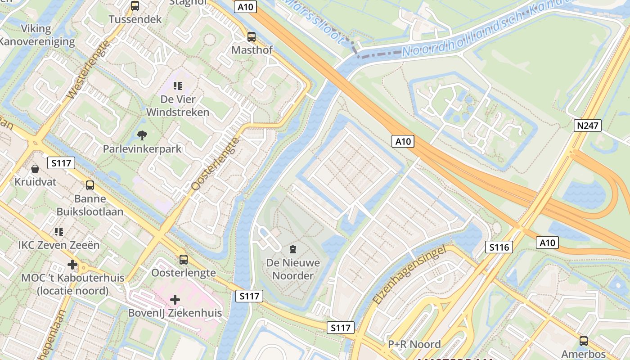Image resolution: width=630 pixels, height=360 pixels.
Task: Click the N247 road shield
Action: click(x=588, y=125)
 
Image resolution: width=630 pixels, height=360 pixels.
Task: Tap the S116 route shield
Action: click(x=499, y=247)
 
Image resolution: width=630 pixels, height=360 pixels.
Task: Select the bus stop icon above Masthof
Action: click(x=252, y=37)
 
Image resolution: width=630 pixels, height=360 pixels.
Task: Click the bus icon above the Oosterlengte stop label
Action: click(x=183, y=259)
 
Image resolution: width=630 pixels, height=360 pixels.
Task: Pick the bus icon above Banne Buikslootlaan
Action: click(x=90, y=185)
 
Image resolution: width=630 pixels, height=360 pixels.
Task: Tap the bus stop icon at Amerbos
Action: click(x=584, y=341)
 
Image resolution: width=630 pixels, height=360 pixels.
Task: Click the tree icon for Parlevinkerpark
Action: click(x=142, y=135)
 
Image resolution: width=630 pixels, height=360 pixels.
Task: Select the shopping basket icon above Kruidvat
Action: click(x=35, y=169)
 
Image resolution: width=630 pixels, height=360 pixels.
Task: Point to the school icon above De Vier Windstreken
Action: click(x=178, y=85)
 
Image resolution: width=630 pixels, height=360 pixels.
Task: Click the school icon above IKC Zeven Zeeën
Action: click(x=59, y=232)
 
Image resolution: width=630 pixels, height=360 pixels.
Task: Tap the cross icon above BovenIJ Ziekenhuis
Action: click(x=175, y=300)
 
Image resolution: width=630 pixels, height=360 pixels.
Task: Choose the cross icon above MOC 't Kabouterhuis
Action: click(x=72, y=265)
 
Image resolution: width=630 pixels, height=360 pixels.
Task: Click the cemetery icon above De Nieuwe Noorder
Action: click(x=293, y=249)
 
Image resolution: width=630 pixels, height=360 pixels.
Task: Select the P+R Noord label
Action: click(x=414, y=344)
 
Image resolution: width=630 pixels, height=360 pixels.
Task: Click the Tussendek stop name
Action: click(x=135, y=19)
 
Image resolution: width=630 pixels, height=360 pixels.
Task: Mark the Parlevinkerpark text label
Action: click(x=142, y=148)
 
